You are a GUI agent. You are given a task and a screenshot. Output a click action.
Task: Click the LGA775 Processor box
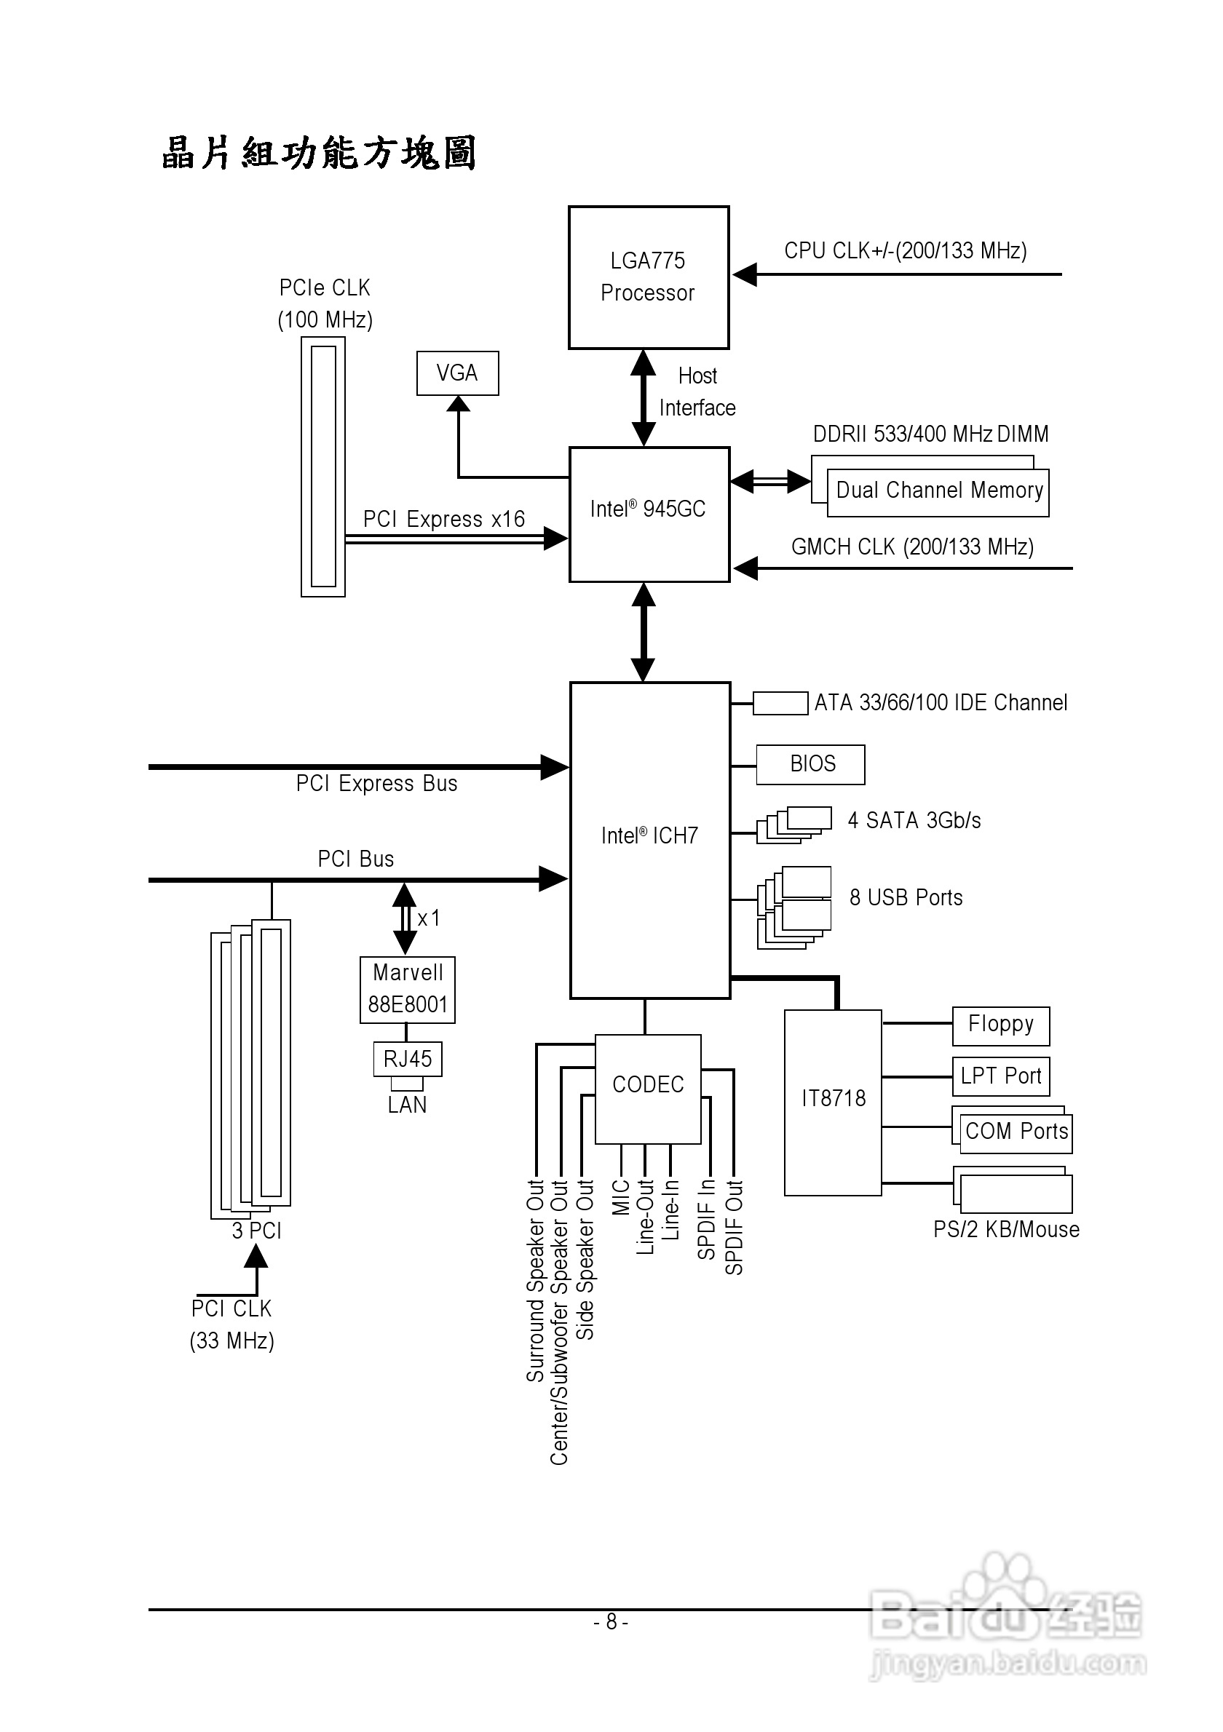click(648, 277)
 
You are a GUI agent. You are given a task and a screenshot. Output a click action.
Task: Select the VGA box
click(457, 373)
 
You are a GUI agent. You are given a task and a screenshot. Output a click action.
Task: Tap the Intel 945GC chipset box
click(649, 514)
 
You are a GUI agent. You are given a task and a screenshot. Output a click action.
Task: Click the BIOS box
click(810, 764)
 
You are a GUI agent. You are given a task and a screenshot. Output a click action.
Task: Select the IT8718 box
click(833, 1101)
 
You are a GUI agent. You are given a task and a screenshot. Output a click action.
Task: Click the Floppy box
click(1000, 1025)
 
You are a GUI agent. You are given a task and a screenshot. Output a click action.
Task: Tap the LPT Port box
click(1000, 1076)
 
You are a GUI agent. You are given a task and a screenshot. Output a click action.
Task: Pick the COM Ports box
click(1016, 1132)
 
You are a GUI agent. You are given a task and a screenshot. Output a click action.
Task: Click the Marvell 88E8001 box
click(408, 990)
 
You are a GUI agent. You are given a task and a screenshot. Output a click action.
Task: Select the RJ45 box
click(408, 1059)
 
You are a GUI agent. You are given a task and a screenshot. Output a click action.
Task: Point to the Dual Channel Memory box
click(938, 492)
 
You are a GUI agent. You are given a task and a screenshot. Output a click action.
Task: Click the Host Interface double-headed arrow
click(643, 397)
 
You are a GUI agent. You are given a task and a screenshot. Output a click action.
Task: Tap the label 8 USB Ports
click(906, 898)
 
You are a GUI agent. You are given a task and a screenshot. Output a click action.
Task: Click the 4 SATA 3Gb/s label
click(914, 821)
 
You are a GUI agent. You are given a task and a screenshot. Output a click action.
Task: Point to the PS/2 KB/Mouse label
click(1006, 1230)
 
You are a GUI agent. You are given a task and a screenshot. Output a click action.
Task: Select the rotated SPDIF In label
click(706, 1219)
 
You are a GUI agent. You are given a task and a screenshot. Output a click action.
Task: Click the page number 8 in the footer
click(611, 1621)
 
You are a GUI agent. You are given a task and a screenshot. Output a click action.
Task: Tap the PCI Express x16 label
click(443, 519)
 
